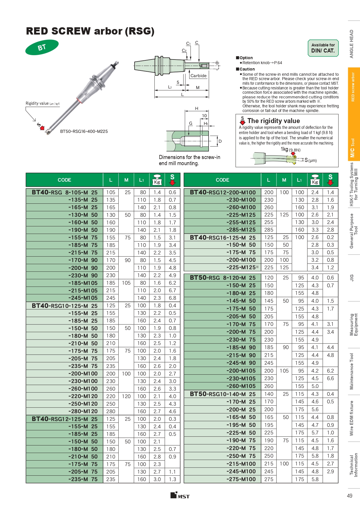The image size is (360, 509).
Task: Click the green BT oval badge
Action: tap(42, 47)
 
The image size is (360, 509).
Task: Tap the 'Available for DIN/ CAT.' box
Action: tap(323, 48)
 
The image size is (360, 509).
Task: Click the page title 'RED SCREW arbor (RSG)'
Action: tap(90, 31)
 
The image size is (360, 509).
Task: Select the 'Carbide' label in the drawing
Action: tap(198, 76)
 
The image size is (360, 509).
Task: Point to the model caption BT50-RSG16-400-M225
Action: tap(84, 131)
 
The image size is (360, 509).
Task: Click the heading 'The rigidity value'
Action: tap(273, 121)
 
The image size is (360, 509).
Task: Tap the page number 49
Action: tap(350, 496)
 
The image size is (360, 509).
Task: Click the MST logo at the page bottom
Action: tap(180, 495)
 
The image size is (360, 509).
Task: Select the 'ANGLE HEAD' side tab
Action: tap(352, 44)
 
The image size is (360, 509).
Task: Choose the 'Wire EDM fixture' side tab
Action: tap(352, 418)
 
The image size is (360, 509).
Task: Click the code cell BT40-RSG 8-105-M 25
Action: tap(64, 192)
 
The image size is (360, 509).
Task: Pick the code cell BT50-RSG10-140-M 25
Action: tap(222, 394)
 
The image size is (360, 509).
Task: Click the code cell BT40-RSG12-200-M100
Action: tap(222, 192)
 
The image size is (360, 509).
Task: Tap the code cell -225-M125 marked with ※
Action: tap(243, 268)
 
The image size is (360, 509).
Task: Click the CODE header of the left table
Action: tap(64, 180)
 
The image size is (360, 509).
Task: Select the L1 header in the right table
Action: tap(299, 180)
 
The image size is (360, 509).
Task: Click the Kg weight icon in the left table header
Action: tap(157, 180)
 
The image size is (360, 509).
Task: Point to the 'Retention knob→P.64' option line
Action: tap(262, 63)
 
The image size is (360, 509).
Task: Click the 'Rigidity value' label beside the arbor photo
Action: tap(42, 104)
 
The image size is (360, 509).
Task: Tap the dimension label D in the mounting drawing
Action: tap(220, 141)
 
